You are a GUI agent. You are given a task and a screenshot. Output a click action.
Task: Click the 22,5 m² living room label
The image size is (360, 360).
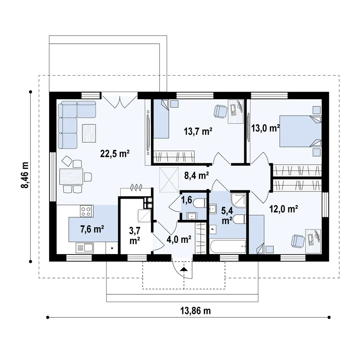115,154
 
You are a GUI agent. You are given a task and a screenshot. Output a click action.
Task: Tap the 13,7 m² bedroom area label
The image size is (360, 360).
199,131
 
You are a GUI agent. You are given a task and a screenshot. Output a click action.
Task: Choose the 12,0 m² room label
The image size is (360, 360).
283,209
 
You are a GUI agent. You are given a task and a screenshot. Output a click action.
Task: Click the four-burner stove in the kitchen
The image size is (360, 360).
86,211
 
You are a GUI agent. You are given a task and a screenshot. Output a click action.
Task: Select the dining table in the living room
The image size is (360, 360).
71,177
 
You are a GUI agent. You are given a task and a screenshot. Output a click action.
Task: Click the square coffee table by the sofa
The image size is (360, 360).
89,131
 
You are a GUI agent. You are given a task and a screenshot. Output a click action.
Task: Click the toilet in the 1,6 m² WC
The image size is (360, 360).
201,203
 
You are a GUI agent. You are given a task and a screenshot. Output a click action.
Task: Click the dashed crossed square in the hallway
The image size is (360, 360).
168,179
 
